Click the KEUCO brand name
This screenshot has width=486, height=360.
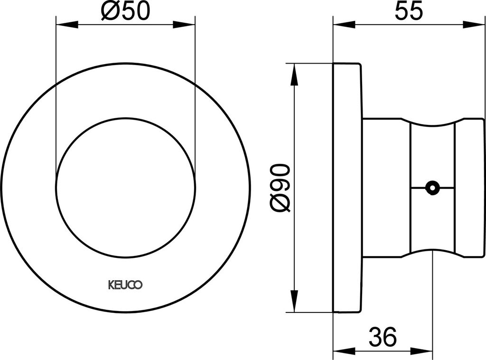[x=125, y=285]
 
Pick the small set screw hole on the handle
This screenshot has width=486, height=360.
[x=432, y=188]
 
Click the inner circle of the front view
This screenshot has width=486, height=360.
[x=125, y=188]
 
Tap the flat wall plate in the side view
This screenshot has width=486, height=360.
[x=347, y=188]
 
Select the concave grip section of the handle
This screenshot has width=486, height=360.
[x=432, y=152]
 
